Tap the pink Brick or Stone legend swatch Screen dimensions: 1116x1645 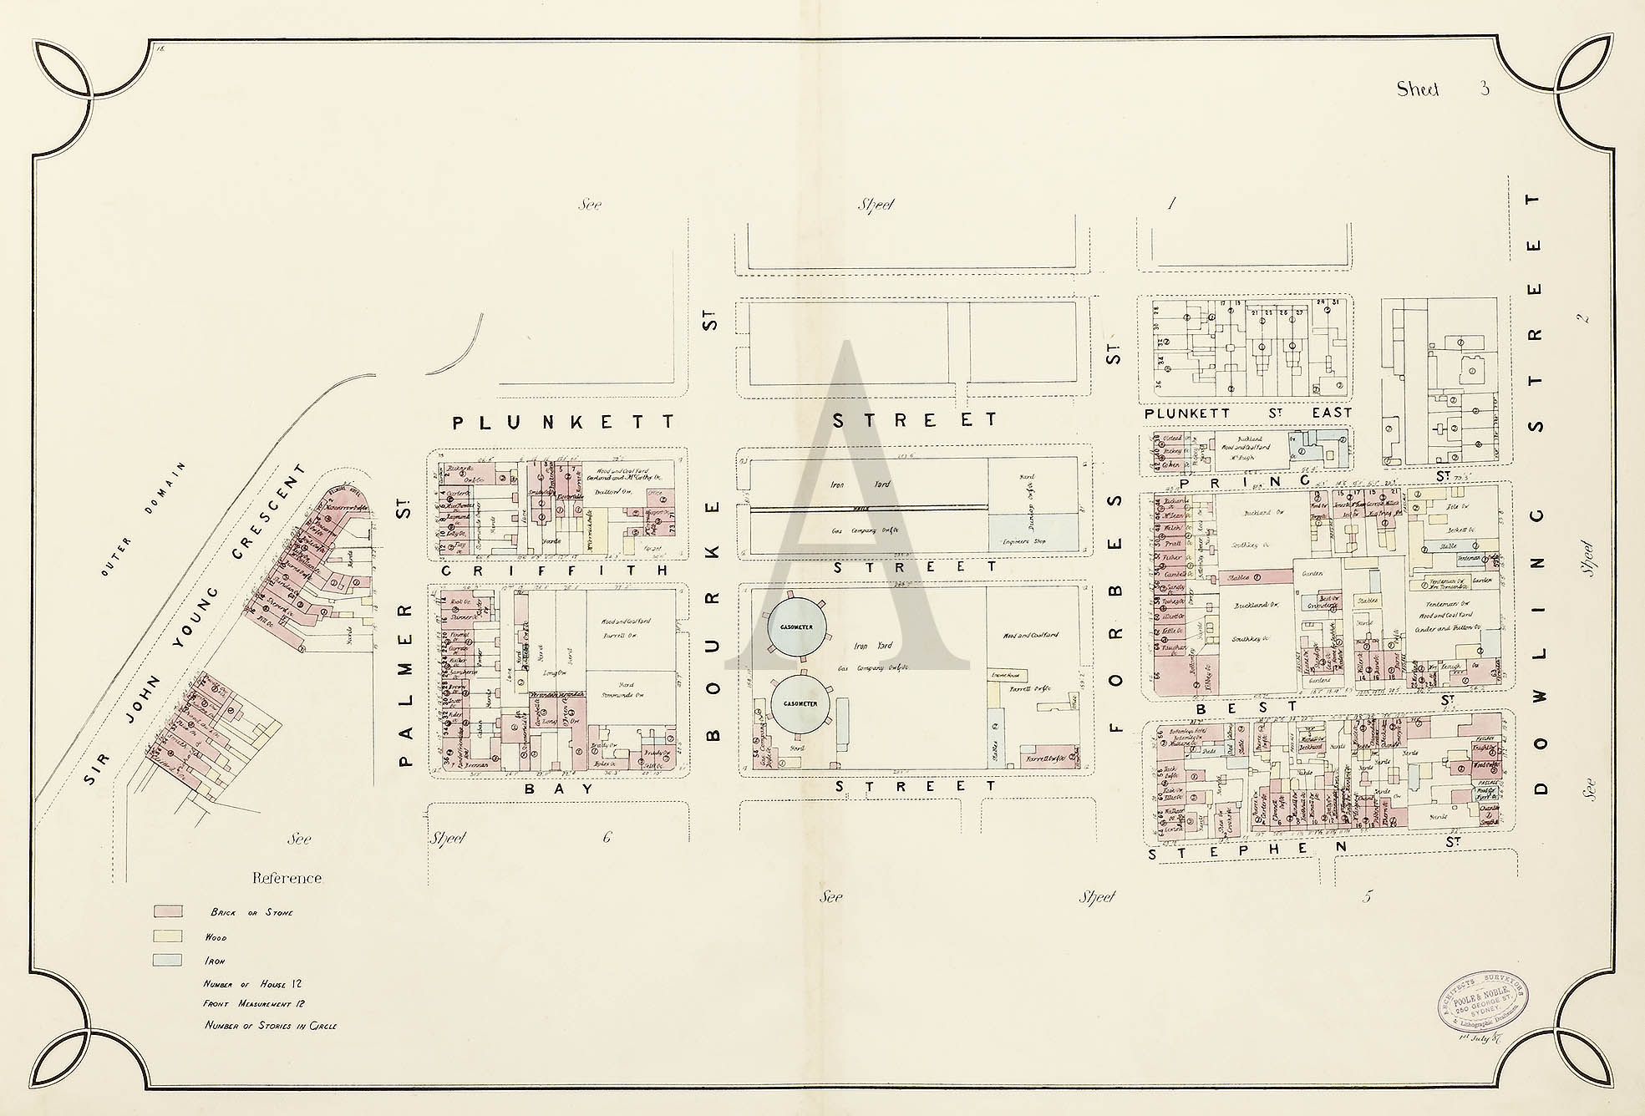[x=167, y=911]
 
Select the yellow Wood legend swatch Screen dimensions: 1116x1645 [x=167, y=936]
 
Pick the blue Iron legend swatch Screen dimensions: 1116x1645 [x=167, y=961]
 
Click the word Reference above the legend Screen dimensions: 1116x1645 [x=287, y=878]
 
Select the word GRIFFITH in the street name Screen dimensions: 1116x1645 [x=554, y=571]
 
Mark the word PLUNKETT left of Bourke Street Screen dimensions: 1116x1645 [x=563, y=423]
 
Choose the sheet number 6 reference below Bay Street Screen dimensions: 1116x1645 [x=607, y=837]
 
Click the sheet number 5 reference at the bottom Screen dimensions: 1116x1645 [x=1367, y=897]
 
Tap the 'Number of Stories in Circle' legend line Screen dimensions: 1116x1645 [x=270, y=1026]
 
